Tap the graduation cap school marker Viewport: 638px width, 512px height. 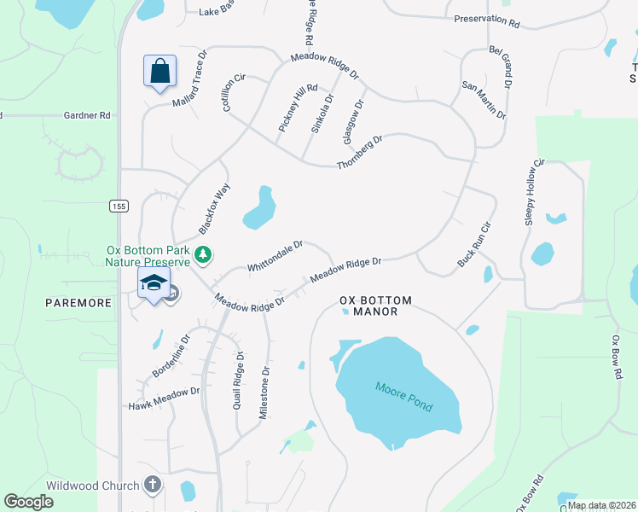154,283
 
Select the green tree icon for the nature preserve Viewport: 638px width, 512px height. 203,254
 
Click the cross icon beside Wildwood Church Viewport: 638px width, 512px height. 153,486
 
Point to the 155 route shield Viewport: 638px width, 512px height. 118,206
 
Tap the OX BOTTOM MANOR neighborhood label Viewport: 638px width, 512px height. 375,306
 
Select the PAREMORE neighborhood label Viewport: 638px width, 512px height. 78,303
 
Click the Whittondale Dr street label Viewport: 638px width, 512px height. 275,256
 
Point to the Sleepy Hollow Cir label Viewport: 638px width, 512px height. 534,192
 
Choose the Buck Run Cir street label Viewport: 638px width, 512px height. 475,245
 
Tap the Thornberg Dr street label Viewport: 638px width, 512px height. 360,152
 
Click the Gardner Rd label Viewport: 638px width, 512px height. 88,114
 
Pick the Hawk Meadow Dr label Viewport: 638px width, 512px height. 163,397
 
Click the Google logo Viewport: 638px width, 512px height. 28,502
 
